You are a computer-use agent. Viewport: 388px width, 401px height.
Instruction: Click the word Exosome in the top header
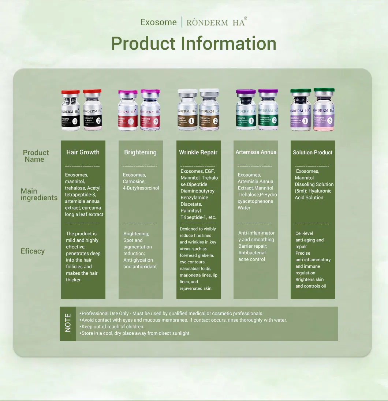click(x=158, y=22)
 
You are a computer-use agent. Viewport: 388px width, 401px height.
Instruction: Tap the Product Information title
click(x=194, y=43)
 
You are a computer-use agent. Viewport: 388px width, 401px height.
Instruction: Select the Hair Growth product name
click(x=83, y=152)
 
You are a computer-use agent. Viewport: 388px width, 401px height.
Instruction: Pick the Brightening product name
click(x=140, y=152)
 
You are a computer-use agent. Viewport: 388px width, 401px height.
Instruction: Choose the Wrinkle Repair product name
click(x=198, y=152)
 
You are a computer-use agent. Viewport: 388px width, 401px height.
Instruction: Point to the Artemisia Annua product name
click(x=256, y=152)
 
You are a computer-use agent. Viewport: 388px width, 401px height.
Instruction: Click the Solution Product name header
click(x=313, y=152)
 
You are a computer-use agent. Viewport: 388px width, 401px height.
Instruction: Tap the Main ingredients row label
click(x=39, y=194)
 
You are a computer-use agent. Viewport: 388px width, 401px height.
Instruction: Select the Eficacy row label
click(x=33, y=251)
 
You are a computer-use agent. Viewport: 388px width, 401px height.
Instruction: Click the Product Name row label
click(x=36, y=156)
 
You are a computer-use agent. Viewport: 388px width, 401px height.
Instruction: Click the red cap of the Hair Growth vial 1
click(x=71, y=92)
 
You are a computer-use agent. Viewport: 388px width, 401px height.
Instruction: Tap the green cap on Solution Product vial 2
click(x=324, y=90)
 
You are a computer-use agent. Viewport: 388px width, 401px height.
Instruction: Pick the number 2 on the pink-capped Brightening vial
click(x=156, y=121)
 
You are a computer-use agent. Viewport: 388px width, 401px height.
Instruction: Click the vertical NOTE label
click(x=68, y=323)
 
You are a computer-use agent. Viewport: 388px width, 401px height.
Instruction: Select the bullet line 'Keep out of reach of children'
click(x=112, y=326)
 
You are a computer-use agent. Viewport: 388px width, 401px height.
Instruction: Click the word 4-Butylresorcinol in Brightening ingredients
click(x=141, y=188)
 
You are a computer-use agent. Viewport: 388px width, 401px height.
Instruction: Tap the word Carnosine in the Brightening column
click(x=134, y=181)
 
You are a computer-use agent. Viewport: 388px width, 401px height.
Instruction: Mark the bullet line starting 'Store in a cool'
click(x=135, y=333)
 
